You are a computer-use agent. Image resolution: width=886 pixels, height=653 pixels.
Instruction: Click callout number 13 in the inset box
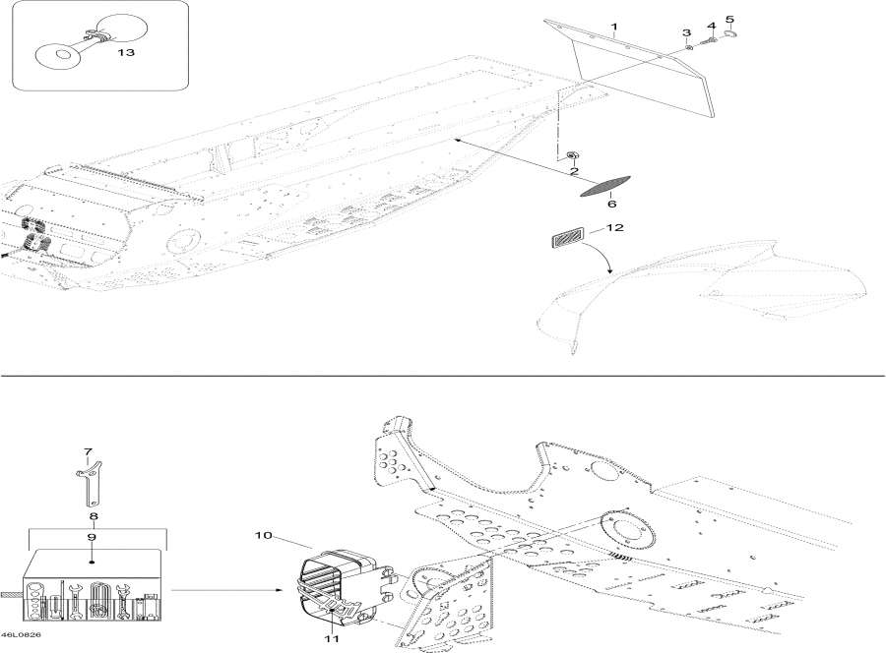click(x=126, y=52)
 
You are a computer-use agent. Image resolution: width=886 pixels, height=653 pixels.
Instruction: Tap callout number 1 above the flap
click(x=614, y=26)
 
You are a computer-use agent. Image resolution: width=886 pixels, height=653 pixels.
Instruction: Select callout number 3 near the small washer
click(x=686, y=32)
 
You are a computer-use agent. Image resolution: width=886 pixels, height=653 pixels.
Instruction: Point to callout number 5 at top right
click(x=712, y=26)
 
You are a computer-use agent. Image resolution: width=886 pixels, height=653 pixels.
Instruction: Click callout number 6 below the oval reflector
click(x=729, y=21)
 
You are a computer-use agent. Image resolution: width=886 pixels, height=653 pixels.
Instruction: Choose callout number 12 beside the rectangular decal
click(x=612, y=204)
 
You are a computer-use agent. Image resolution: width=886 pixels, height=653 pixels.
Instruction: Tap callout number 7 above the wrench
click(x=88, y=451)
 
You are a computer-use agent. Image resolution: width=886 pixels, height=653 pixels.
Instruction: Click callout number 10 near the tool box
click(x=264, y=535)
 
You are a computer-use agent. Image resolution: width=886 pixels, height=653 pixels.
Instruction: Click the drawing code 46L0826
click(x=21, y=635)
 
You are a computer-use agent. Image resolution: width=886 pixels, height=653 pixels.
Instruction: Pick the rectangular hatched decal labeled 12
click(x=567, y=235)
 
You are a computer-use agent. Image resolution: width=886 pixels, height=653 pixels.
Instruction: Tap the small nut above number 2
click(x=571, y=154)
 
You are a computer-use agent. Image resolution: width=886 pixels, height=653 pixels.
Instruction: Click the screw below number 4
click(x=708, y=41)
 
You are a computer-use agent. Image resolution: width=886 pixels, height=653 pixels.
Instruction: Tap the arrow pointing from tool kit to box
click(x=226, y=590)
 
